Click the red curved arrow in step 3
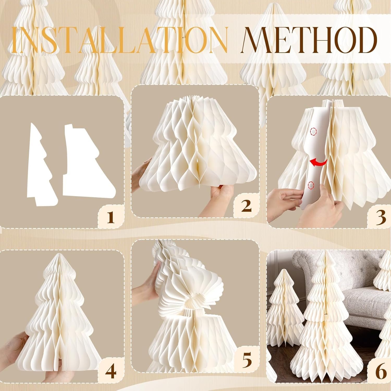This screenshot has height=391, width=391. point(319,163)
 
